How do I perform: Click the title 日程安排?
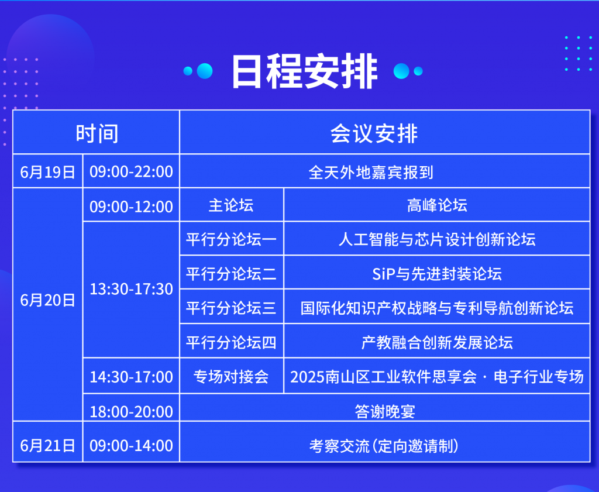(x=304, y=71)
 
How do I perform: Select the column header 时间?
(x=97, y=134)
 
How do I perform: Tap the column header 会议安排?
(x=374, y=134)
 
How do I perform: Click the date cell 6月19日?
(x=48, y=172)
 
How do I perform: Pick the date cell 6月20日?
(x=48, y=300)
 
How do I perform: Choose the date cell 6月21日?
(x=48, y=445)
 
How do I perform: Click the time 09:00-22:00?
(x=131, y=172)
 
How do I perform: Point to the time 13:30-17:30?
(x=131, y=289)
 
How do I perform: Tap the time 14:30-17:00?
(x=131, y=377)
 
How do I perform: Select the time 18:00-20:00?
(x=131, y=412)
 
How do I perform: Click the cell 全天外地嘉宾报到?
(x=371, y=172)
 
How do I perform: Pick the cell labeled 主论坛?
(x=231, y=205)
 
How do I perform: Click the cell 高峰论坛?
(x=437, y=205)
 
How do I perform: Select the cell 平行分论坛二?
(x=231, y=274)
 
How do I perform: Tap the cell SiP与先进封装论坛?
(x=437, y=274)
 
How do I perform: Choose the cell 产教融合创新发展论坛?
(x=437, y=343)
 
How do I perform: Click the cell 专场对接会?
(x=231, y=377)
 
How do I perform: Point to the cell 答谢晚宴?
(x=385, y=412)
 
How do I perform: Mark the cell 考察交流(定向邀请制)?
(x=384, y=446)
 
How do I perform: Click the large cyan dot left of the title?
(x=205, y=71)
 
